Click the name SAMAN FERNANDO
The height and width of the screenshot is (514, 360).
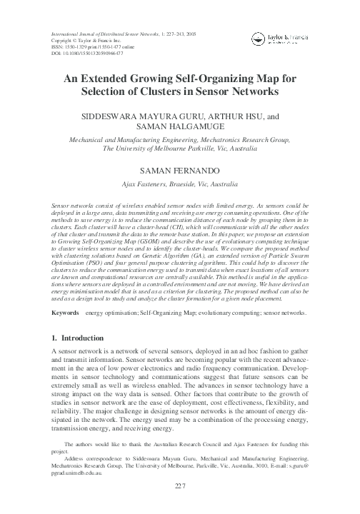[180, 172]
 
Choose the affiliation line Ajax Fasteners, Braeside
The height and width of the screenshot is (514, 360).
[180, 184]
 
